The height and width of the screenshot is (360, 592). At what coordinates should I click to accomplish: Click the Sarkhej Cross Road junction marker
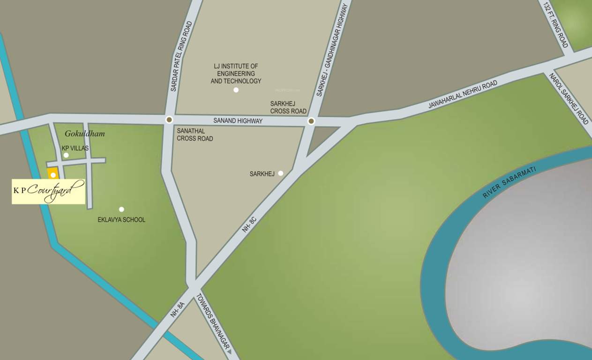[311, 121]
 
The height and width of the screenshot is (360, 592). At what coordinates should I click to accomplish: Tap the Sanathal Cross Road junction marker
[169, 120]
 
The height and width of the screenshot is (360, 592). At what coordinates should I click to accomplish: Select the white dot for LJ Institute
[236, 90]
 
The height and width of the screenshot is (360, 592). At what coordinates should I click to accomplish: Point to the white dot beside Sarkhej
[280, 173]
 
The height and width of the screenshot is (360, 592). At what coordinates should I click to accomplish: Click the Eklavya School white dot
[121, 209]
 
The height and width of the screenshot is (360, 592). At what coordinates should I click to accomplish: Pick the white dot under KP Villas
[66, 155]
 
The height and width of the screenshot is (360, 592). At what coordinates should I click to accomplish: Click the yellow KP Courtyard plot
[53, 173]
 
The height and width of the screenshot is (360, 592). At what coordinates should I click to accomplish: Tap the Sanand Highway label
[238, 121]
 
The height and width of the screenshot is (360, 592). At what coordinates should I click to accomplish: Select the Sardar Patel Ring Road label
[182, 56]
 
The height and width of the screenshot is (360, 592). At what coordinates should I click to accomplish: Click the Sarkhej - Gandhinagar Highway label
[332, 50]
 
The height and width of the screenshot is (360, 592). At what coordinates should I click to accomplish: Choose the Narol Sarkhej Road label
[569, 98]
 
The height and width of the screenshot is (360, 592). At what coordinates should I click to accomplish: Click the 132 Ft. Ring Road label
[556, 24]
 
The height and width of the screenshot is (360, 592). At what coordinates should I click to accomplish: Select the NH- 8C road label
[249, 225]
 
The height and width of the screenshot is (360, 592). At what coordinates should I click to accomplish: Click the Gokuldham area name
[85, 134]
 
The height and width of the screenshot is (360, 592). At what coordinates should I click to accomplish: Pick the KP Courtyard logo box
[49, 191]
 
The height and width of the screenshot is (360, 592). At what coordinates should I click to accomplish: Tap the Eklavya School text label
[121, 220]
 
